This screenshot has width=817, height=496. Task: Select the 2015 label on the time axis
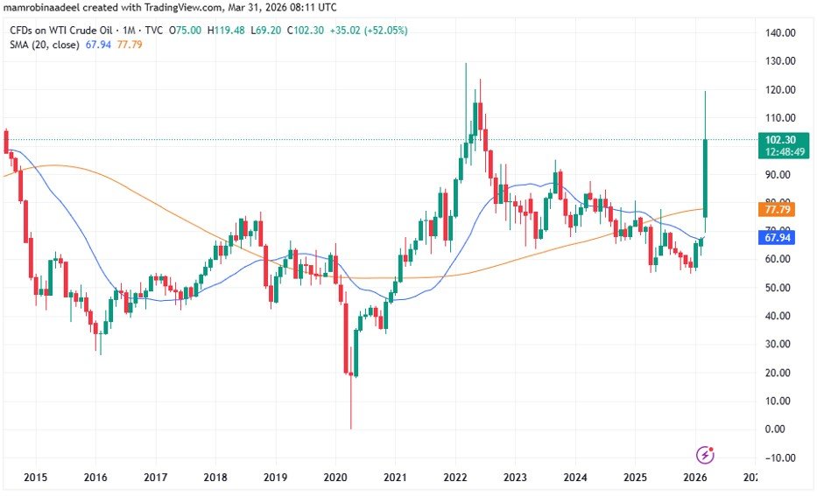click(x=36, y=478)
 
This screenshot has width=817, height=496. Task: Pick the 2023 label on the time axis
click(x=515, y=478)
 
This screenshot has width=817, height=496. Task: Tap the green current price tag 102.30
click(x=780, y=140)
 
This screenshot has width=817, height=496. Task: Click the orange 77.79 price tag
click(x=780, y=210)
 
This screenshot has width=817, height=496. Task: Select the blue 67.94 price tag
click(x=780, y=238)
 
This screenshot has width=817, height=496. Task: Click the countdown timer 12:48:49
click(x=780, y=152)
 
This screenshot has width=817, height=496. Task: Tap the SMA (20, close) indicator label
click(x=45, y=44)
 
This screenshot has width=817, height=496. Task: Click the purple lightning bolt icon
click(x=706, y=454)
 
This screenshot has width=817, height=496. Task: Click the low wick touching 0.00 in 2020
click(x=350, y=411)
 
